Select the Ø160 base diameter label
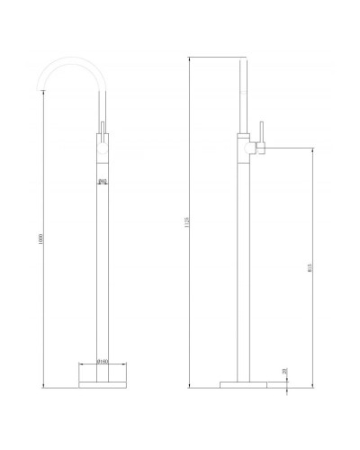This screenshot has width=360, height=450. pos(102,363)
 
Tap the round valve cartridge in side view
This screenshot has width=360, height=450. pos(244,143)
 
